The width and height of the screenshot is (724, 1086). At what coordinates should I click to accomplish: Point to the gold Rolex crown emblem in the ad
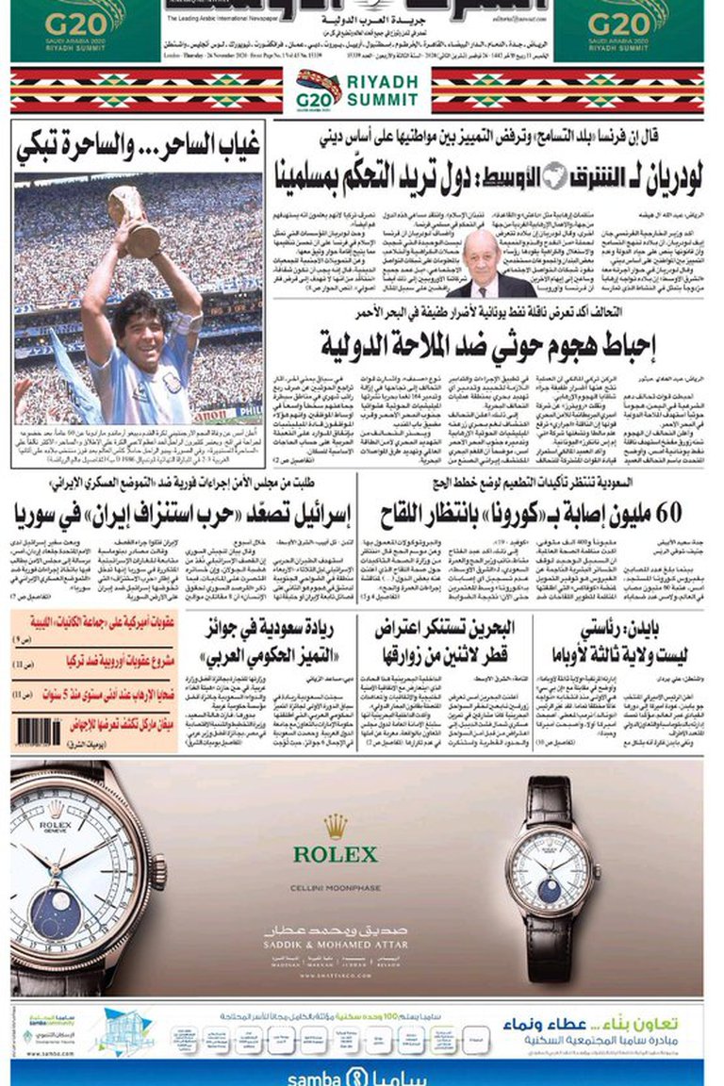click(x=335, y=827)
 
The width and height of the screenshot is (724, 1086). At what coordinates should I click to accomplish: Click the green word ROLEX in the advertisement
click(x=335, y=855)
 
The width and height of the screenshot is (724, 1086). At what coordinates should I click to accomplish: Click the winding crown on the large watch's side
click(x=159, y=872)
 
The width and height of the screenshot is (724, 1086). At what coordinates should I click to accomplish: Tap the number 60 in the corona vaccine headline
click(x=661, y=514)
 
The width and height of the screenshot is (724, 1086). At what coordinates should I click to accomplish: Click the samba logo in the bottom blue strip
click(x=357, y=1077)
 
